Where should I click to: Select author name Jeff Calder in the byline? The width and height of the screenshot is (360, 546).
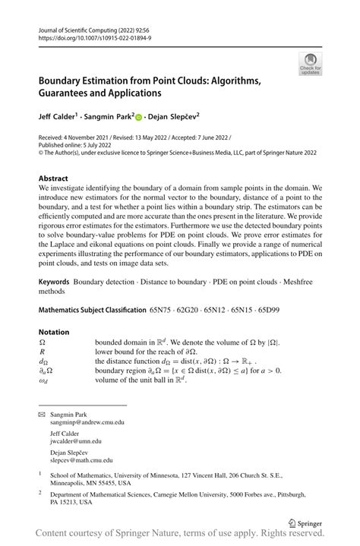point(61,117)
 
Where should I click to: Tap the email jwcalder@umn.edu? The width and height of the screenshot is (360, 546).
point(75,440)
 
